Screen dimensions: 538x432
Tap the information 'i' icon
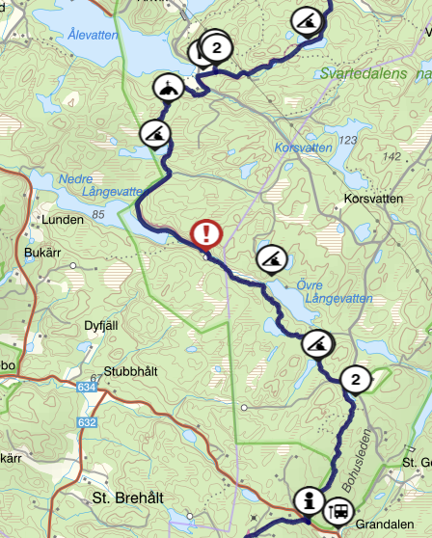310,499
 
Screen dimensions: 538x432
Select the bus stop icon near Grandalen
339,512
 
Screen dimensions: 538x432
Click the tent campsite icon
169,89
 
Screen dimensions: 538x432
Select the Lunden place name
64,220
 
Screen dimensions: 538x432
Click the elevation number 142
390,156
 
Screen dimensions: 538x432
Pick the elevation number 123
348,141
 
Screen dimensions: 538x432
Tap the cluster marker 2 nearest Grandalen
356,381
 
